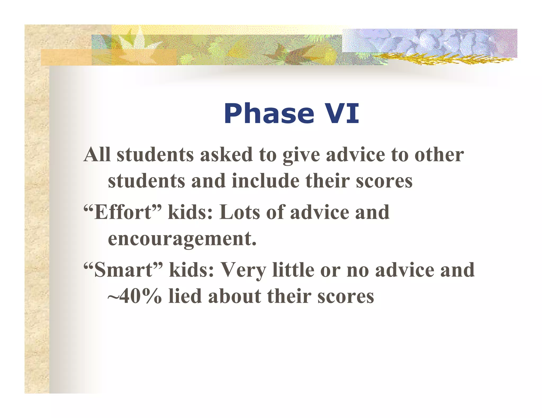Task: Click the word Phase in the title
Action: [269, 114]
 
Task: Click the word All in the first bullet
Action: [97, 155]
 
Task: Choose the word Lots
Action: [240, 212]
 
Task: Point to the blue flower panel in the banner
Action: [429, 41]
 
